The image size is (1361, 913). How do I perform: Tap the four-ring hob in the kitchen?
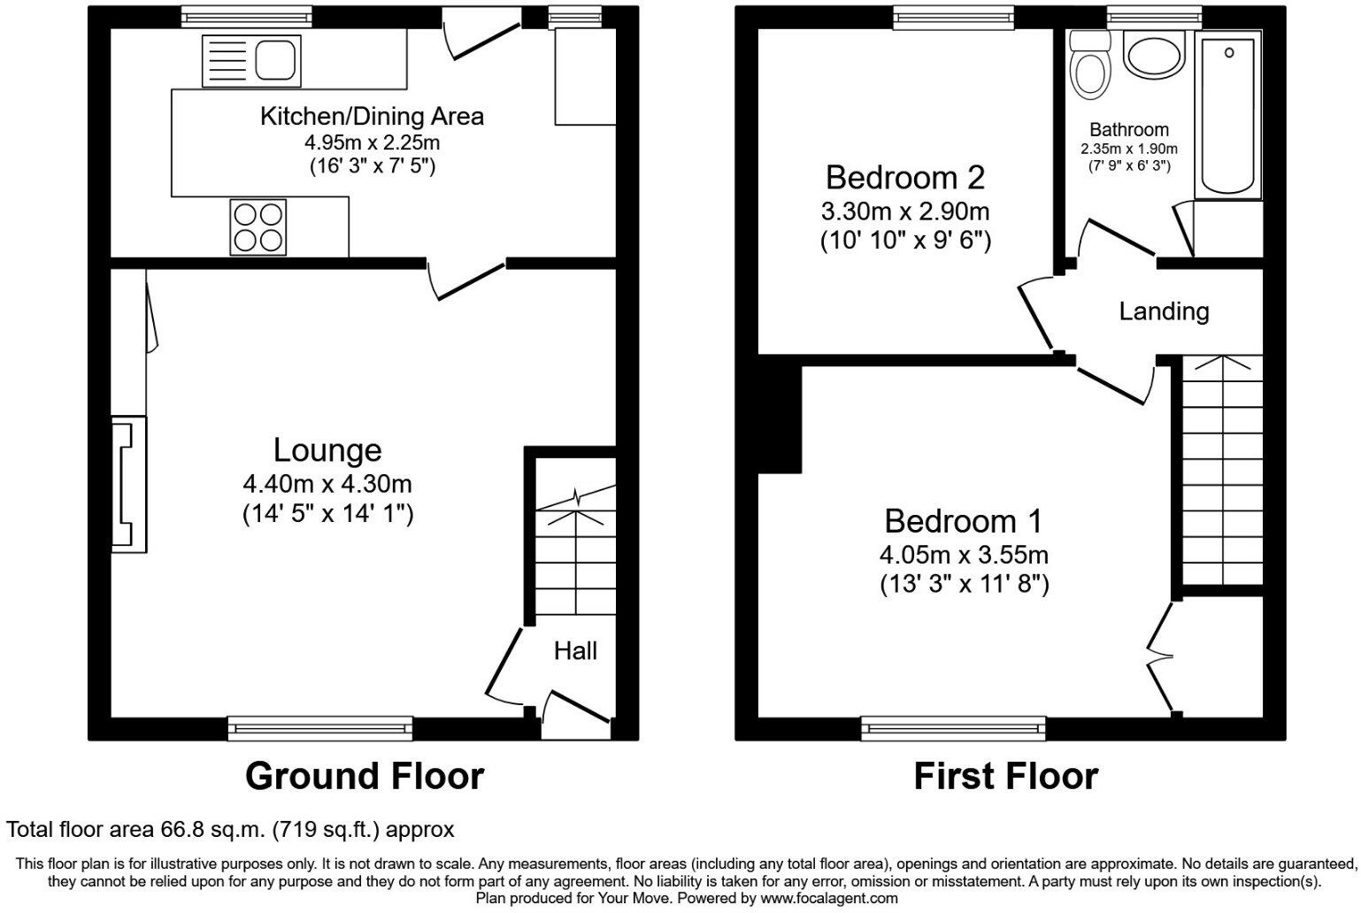pyautogui.click(x=258, y=226)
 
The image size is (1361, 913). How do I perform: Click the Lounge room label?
pyautogui.click(x=327, y=450)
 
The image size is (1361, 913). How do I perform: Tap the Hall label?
pyautogui.click(x=575, y=652)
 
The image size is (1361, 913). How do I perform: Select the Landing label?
pyautogui.click(x=1164, y=311)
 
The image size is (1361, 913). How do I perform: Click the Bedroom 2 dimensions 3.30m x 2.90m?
pyautogui.click(x=904, y=211)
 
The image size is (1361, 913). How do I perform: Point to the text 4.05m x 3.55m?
pyautogui.click(x=964, y=556)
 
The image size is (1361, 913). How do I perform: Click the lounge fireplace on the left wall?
pyautogui.click(x=128, y=484)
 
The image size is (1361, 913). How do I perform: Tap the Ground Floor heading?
pyautogui.click(x=364, y=777)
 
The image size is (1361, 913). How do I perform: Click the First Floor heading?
pyautogui.click(x=1005, y=777)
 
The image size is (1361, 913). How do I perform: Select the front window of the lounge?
pyautogui.click(x=320, y=728)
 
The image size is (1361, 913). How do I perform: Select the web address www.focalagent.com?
pyautogui.click(x=828, y=898)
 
